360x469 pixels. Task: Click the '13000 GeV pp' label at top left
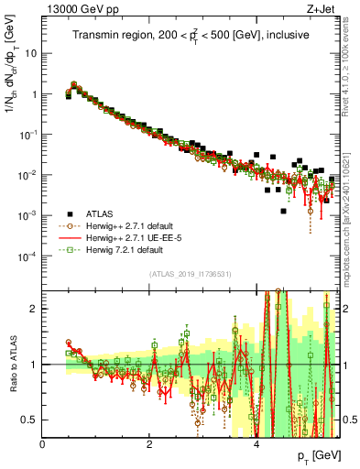tap(75, 7)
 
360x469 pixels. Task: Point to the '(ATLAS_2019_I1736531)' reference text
tap(191, 273)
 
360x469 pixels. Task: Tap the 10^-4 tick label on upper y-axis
tap(27, 256)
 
